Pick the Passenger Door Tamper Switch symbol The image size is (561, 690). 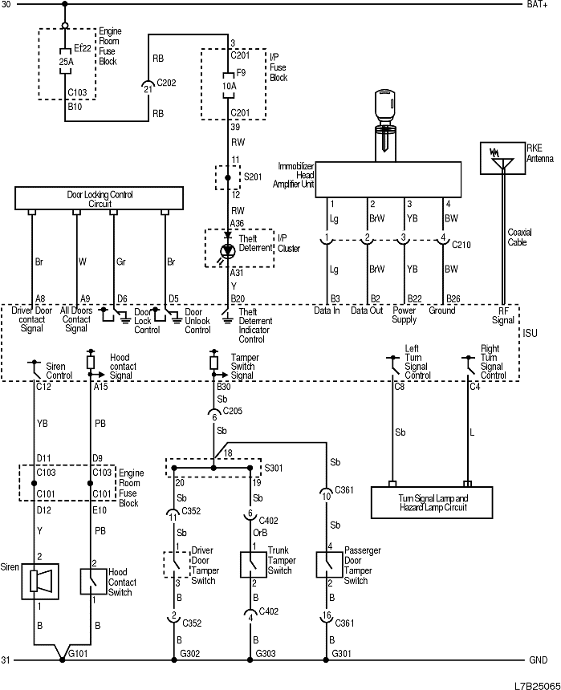point(330,565)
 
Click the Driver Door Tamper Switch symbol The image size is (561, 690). point(176,564)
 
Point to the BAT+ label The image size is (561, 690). point(537,5)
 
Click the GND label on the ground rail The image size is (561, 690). point(538,661)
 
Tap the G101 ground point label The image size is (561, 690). point(79,655)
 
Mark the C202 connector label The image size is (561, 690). point(167,82)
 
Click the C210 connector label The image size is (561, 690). point(461,244)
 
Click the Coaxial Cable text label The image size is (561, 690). point(518,237)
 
